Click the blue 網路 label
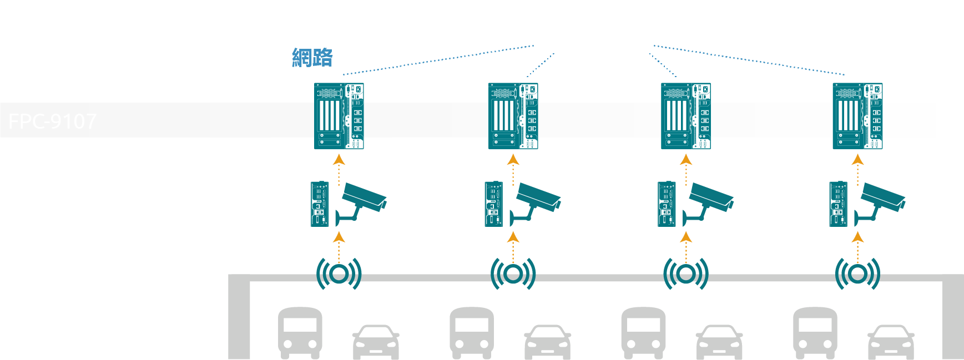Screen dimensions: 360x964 pyautogui.click(x=312, y=58)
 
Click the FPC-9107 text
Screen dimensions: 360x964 pyautogui.click(x=53, y=121)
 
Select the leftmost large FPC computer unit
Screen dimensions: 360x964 pyautogui.click(x=339, y=116)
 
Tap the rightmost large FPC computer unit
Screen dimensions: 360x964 pyautogui.click(x=857, y=116)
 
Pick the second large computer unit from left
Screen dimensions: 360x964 pyautogui.click(x=513, y=116)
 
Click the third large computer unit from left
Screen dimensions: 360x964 pyautogui.click(x=686, y=116)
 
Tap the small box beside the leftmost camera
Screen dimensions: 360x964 pyautogui.click(x=320, y=204)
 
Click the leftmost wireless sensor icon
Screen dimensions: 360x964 pyautogui.click(x=339, y=273)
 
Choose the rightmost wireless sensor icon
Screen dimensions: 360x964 pyautogui.click(x=857, y=273)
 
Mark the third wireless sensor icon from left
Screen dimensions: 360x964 pyautogui.click(x=686, y=273)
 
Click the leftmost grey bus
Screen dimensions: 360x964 pyautogui.click(x=300, y=332)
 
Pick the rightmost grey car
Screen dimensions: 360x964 pyautogui.click(x=891, y=341)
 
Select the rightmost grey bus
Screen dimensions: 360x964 pyautogui.click(x=815, y=332)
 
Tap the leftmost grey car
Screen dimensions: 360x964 pyautogui.click(x=376, y=341)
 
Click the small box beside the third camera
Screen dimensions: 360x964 pyautogui.click(x=667, y=204)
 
